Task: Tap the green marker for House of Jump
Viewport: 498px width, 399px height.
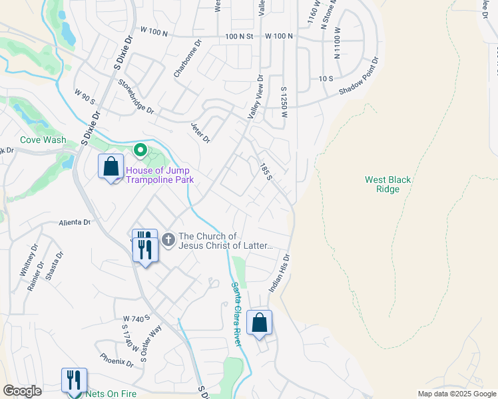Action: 140,151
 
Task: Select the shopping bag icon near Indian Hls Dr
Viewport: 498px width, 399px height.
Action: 259,323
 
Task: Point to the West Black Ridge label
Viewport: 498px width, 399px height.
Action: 388,184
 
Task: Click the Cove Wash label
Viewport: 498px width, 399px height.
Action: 43,140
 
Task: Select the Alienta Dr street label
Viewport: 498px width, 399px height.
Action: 74,223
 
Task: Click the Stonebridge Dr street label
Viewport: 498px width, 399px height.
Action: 136,96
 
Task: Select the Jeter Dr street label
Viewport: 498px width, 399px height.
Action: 200,133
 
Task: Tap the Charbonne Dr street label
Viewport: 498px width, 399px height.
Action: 187,59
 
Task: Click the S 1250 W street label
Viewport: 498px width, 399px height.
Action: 284,102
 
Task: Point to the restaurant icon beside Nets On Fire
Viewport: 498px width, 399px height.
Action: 74,380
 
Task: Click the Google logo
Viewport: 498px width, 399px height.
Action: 21,391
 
